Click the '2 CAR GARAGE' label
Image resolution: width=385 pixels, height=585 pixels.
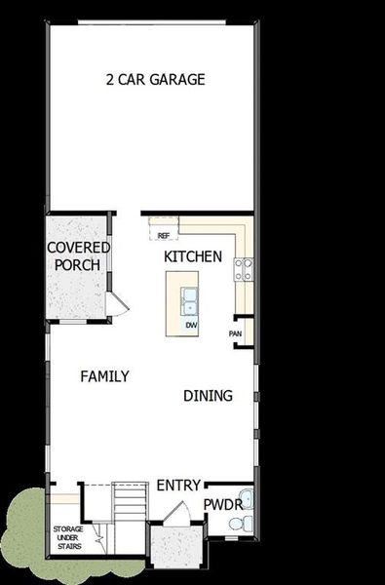tap(155, 80)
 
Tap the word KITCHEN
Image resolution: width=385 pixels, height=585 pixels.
tap(193, 256)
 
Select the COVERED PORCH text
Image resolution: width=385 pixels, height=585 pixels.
tap(78, 256)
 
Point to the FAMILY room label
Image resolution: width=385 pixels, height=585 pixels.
tap(104, 376)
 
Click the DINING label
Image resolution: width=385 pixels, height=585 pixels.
tap(208, 396)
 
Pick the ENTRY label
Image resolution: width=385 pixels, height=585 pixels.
tap(178, 485)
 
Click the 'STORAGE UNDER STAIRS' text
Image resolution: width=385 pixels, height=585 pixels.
tap(67, 537)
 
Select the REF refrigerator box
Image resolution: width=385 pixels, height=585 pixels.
tap(163, 235)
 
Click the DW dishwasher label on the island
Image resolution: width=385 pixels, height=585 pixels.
tap(191, 325)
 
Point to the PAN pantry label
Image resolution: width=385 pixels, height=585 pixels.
tap(235, 333)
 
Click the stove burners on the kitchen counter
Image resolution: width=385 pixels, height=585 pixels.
tap(244, 267)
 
